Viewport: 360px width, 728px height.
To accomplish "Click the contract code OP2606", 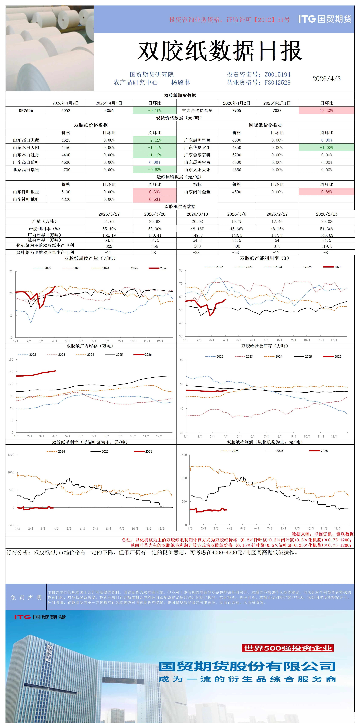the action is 26,111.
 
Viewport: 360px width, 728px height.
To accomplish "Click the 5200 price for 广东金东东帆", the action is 237,155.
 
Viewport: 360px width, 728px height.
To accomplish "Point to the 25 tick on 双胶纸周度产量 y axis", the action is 11,271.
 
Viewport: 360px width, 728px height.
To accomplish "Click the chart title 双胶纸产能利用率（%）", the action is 265,258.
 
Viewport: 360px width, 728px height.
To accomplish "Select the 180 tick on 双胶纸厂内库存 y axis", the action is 11,359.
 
